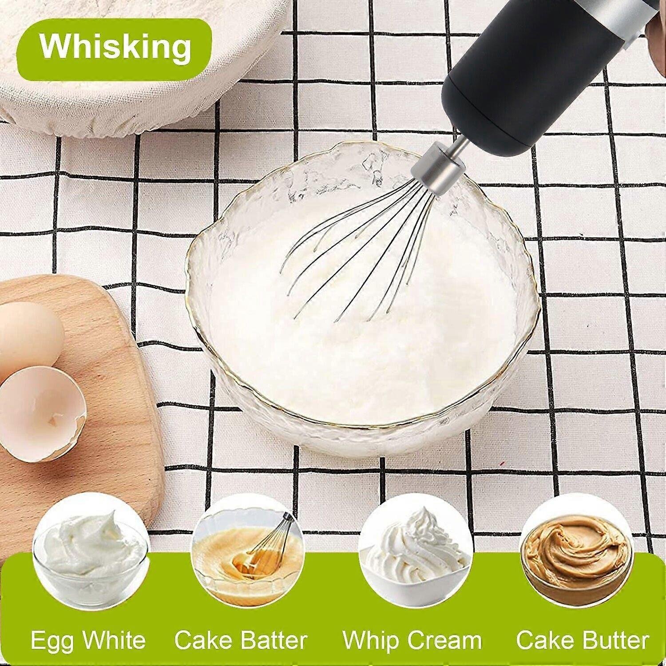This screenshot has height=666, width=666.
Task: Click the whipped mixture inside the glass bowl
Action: pyautogui.click(x=364, y=329)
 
